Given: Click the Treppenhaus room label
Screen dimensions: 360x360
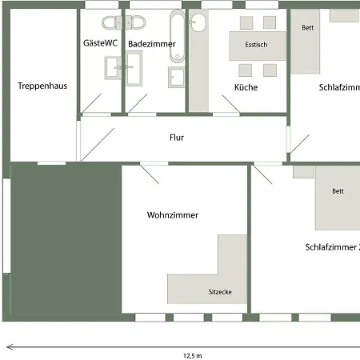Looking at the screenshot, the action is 42,86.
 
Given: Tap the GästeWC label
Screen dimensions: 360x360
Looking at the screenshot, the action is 100,43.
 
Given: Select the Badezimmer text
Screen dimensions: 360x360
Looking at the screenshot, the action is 152,44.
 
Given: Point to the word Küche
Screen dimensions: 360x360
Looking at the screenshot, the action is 246,87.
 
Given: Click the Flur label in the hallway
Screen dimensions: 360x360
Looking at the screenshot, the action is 177,138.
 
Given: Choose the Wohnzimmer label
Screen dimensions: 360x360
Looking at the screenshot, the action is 173,215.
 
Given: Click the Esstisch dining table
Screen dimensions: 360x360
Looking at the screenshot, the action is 258,46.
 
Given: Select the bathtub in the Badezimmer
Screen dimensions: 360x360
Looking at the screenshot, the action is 177,36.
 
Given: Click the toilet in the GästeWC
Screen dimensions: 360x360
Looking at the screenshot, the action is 109,22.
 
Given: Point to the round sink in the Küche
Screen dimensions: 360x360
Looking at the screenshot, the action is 198,22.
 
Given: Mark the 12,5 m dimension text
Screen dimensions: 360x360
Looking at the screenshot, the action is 193,356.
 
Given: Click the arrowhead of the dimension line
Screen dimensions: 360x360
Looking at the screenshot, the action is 10,347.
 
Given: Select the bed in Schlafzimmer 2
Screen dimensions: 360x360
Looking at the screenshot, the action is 338,198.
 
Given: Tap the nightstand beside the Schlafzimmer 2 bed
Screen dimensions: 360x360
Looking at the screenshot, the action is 303,172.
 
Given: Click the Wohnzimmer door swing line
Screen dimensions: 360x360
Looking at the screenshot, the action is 150,174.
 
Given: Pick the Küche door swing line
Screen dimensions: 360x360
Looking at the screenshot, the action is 231,104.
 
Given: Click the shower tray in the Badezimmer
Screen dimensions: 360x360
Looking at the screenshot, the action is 176,77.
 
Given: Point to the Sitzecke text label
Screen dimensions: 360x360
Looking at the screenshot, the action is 220,292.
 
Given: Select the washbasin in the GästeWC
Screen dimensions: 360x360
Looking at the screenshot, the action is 113,68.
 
